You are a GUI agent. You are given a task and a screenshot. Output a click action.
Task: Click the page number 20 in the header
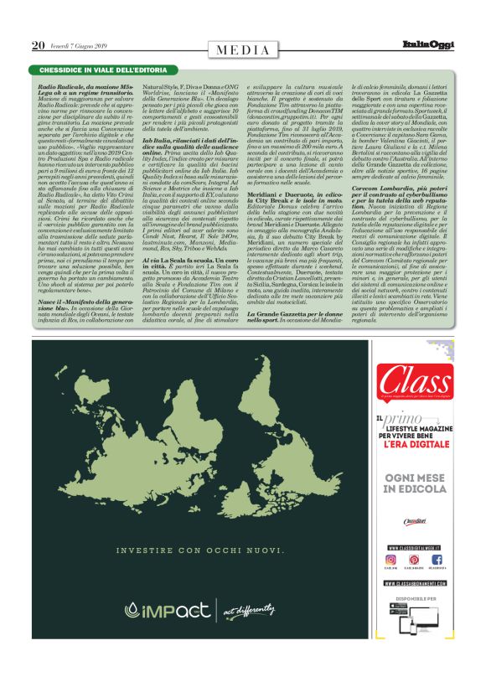(38, 45)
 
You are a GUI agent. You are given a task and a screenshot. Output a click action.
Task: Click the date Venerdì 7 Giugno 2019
(79, 45)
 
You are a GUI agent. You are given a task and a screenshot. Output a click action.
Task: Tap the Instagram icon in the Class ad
(390, 559)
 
